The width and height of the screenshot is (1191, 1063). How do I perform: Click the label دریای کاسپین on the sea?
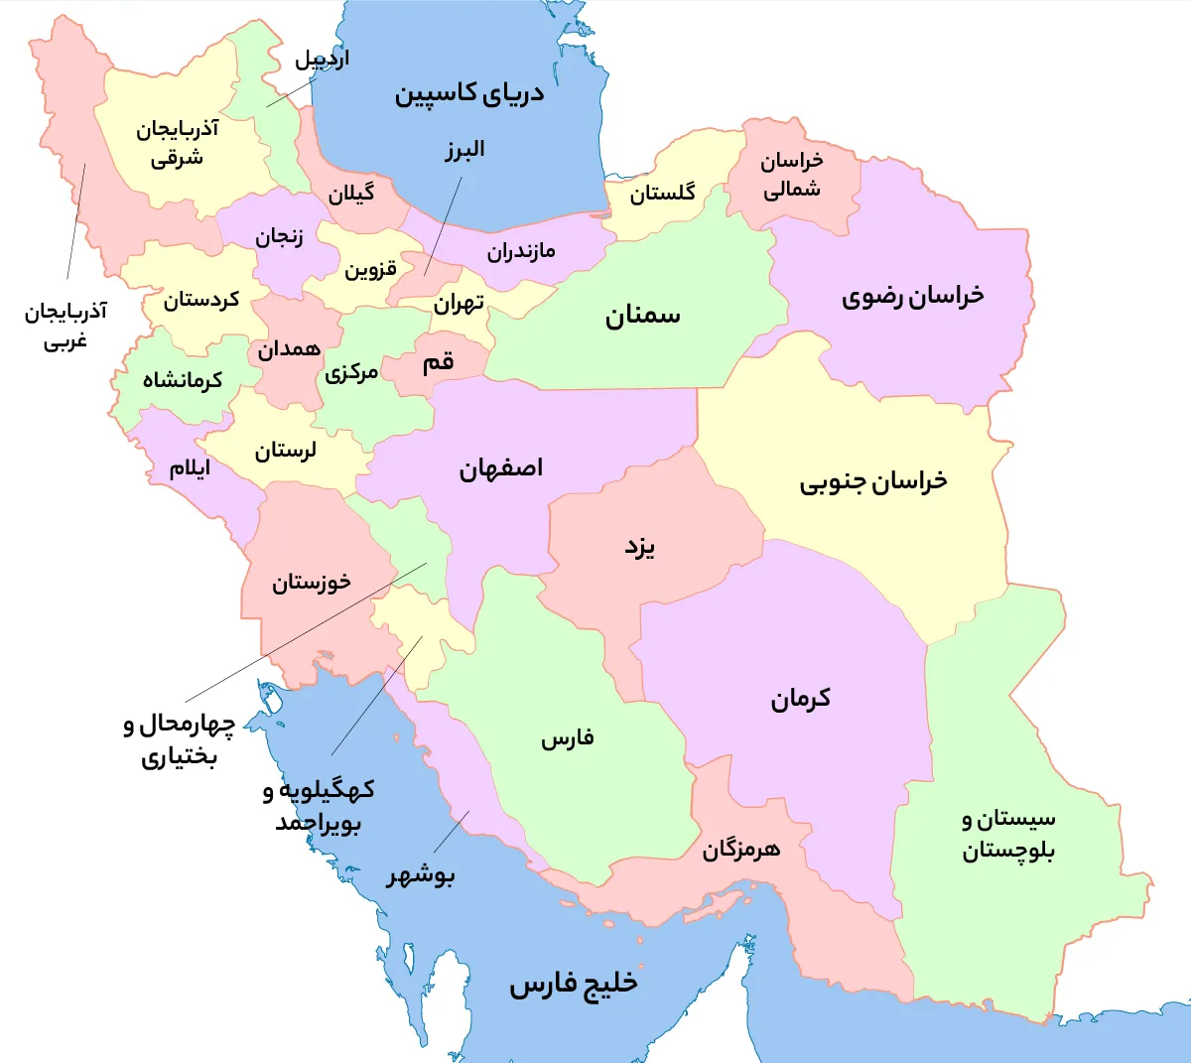(x=469, y=94)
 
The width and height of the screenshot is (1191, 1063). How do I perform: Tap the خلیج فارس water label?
(x=574, y=984)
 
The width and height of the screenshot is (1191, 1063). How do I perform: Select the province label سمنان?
(x=643, y=316)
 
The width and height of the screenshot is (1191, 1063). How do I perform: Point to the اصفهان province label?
(x=501, y=468)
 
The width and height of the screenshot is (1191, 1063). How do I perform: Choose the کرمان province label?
(x=801, y=699)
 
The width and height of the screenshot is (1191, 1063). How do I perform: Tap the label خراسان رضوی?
(x=913, y=296)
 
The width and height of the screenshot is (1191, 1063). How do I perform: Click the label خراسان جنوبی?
(x=873, y=482)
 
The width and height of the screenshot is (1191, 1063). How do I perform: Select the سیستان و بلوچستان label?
(x=1008, y=835)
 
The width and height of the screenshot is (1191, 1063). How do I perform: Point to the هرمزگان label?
(x=741, y=850)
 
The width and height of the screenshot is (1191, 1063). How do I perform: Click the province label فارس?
(x=568, y=738)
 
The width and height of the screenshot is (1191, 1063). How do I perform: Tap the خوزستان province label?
(x=312, y=582)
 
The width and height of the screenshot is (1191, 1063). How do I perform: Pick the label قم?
(x=438, y=362)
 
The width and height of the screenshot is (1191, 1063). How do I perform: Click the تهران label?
(x=459, y=302)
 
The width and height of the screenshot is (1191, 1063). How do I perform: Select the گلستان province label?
(x=662, y=193)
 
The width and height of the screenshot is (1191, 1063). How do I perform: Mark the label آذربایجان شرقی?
(x=178, y=143)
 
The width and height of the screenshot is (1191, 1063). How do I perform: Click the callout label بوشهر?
(x=421, y=875)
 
